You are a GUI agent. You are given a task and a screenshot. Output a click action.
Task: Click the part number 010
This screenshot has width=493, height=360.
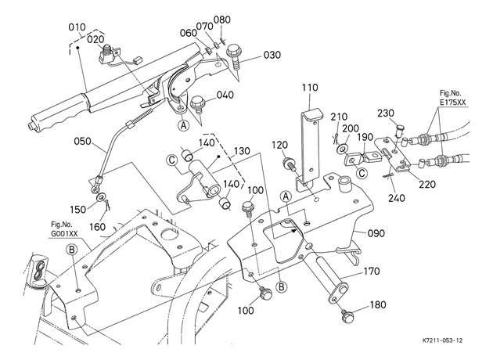point(77,27)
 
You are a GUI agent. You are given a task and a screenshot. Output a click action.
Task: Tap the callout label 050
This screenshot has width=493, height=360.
point(82,141)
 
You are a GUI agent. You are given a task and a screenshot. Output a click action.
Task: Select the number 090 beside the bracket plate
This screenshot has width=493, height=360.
point(376,233)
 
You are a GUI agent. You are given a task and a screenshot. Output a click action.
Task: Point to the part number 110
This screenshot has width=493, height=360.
point(310,88)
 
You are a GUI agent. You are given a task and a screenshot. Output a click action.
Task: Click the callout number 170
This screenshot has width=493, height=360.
point(372,271)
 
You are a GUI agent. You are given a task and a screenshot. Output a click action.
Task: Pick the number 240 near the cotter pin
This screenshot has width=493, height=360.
point(396,198)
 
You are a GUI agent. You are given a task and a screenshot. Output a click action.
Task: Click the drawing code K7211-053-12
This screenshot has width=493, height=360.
point(442,340)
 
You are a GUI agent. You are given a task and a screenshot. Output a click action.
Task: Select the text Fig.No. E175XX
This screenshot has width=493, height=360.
point(453,98)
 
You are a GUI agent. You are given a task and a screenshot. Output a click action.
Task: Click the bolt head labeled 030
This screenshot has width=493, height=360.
point(233,49)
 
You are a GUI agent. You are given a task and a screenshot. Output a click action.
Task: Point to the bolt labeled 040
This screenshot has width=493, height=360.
point(197,104)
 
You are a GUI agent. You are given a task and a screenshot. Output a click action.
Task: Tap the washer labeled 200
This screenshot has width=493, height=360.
point(343,147)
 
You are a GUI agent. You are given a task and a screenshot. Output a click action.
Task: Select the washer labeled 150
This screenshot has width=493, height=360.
point(101,198)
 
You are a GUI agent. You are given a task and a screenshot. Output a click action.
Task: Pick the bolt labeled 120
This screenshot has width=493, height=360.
point(290,164)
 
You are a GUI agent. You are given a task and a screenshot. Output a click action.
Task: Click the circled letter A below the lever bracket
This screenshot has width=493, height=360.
point(184,125)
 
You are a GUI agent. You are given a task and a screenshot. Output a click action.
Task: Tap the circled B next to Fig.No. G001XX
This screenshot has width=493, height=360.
point(72,250)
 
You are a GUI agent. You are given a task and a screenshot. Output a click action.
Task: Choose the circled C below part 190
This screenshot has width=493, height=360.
point(362,173)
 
